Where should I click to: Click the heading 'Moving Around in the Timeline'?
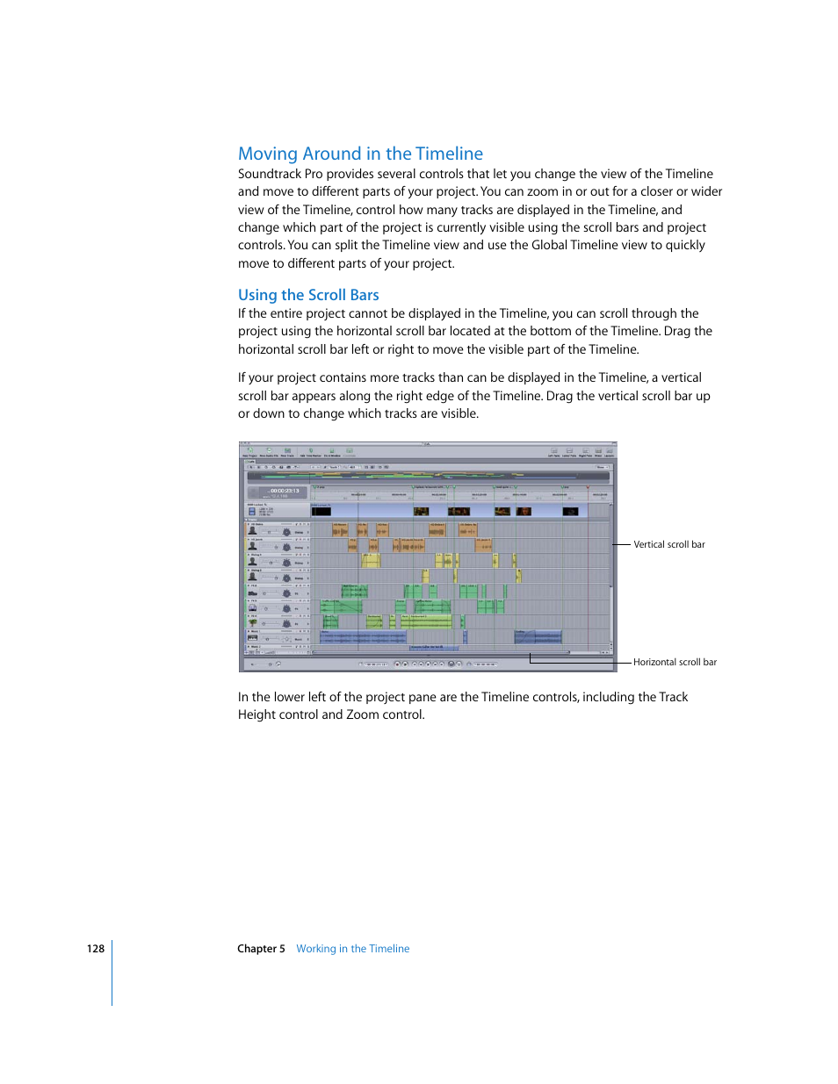click(360, 154)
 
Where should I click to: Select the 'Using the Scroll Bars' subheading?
click(308, 295)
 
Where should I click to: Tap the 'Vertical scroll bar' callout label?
click(669, 544)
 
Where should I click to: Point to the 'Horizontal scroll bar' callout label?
click(675, 662)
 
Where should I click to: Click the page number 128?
click(95, 949)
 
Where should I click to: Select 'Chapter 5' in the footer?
click(261, 949)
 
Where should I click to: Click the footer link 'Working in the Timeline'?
click(352, 949)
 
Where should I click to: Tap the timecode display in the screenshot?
click(284, 492)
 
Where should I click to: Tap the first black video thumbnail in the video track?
click(321, 510)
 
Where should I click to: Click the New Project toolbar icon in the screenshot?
click(249, 451)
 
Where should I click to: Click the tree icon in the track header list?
click(253, 622)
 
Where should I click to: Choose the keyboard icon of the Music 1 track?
click(253, 638)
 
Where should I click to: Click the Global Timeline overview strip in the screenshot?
click(428, 477)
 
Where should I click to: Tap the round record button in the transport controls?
click(452, 664)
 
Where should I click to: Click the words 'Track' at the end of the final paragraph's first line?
click(673, 697)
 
